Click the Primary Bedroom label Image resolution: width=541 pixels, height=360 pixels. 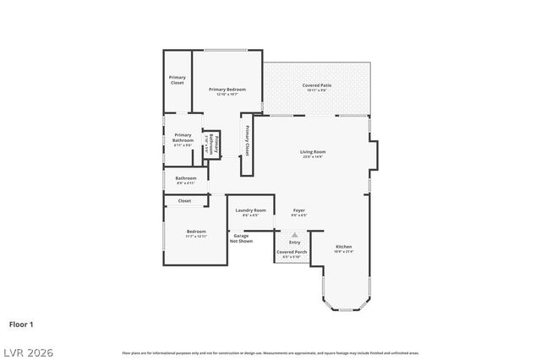pos(227,90)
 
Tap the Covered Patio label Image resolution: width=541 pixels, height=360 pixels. pos(317,85)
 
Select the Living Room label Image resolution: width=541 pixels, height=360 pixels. pos(313,153)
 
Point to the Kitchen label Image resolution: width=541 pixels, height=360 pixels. pos(344,247)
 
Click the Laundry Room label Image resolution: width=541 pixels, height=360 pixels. pos(250,210)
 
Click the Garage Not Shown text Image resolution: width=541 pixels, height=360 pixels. pos(241,238)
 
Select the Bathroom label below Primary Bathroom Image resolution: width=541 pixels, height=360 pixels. pos(186,178)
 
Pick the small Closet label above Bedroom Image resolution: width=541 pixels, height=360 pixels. pos(184,201)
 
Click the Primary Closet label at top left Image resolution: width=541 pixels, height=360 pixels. pos(178,80)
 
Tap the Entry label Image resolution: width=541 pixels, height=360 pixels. pos(294,243)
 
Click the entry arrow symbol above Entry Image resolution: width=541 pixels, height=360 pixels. pos(294,235)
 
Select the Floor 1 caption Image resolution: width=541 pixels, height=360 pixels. pos(21,324)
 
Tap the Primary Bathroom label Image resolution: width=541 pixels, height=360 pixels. pos(183,137)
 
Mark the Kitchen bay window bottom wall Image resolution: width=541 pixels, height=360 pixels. pos(345,311)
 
